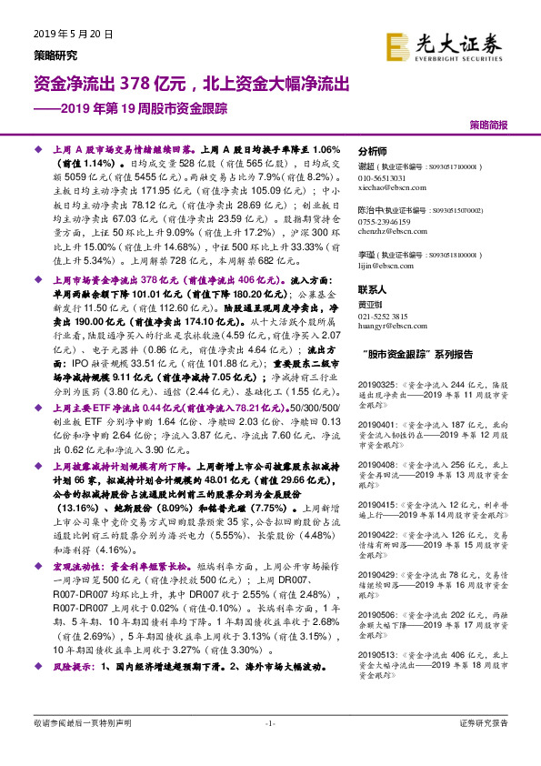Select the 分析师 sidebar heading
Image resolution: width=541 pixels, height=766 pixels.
pyautogui.click(x=373, y=153)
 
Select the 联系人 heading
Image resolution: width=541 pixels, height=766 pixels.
pyautogui.click(x=373, y=287)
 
